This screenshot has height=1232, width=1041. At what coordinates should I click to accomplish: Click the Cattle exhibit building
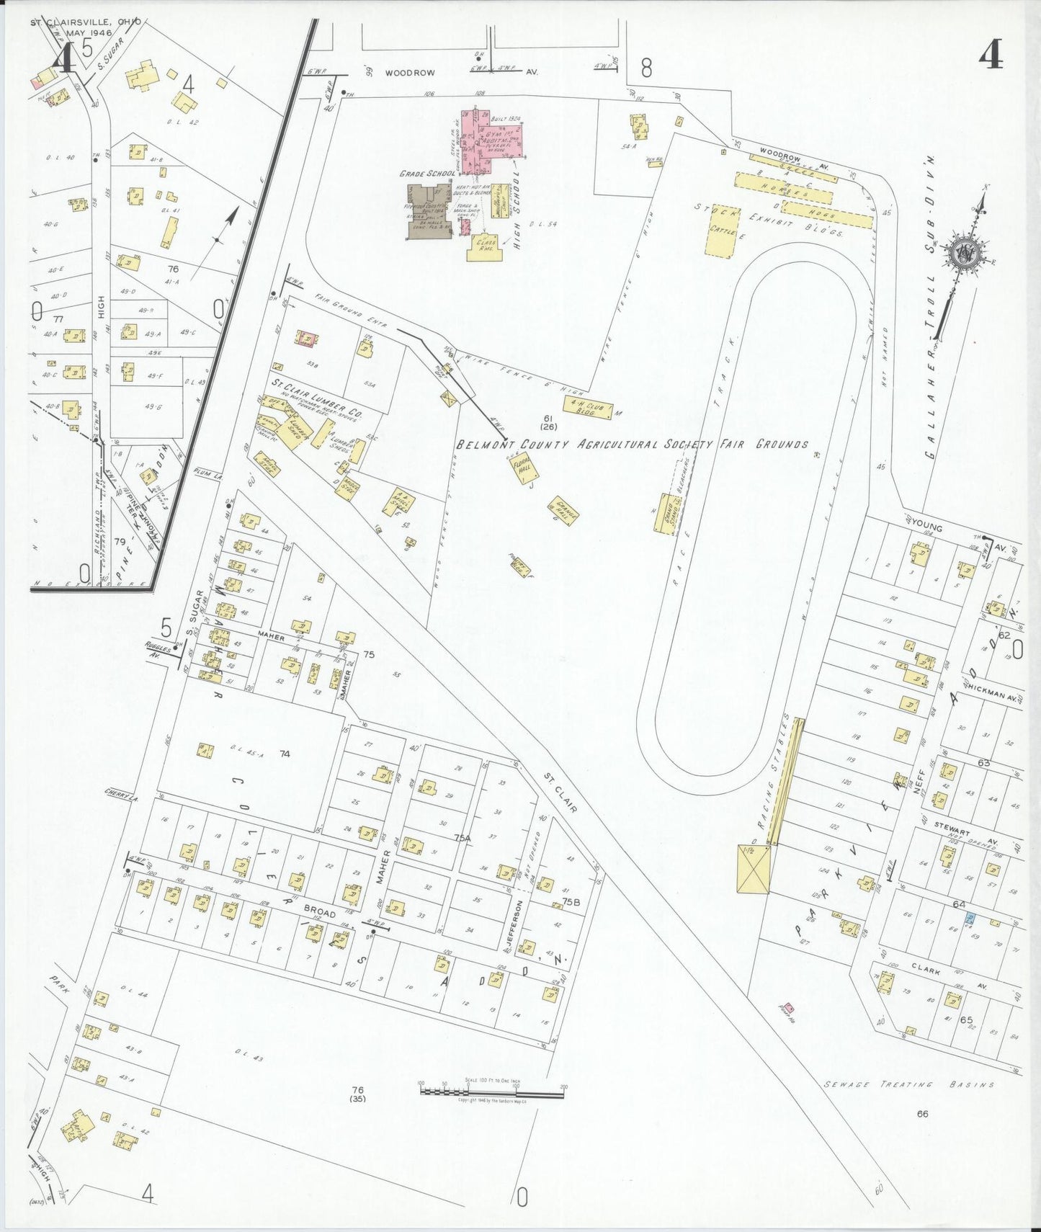click(x=722, y=234)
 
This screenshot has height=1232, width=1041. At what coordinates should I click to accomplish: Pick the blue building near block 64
click(x=970, y=918)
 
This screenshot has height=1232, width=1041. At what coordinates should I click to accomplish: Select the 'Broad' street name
click(x=319, y=914)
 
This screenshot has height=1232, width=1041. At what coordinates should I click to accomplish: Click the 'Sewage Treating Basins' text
click(x=910, y=1084)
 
